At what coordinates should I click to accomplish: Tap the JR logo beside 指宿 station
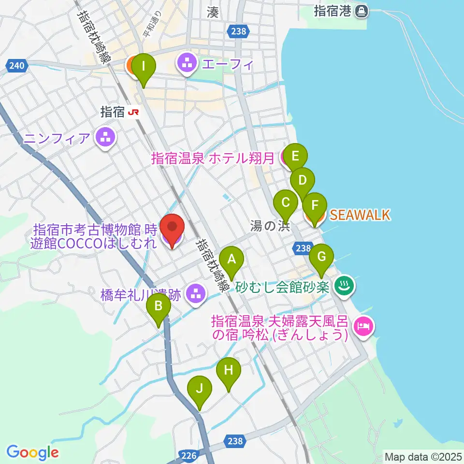click(x=134, y=113)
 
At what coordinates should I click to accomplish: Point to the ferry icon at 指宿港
click(x=361, y=11)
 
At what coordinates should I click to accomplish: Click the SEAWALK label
click(x=360, y=215)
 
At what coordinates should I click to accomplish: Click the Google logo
click(x=32, y=452)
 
